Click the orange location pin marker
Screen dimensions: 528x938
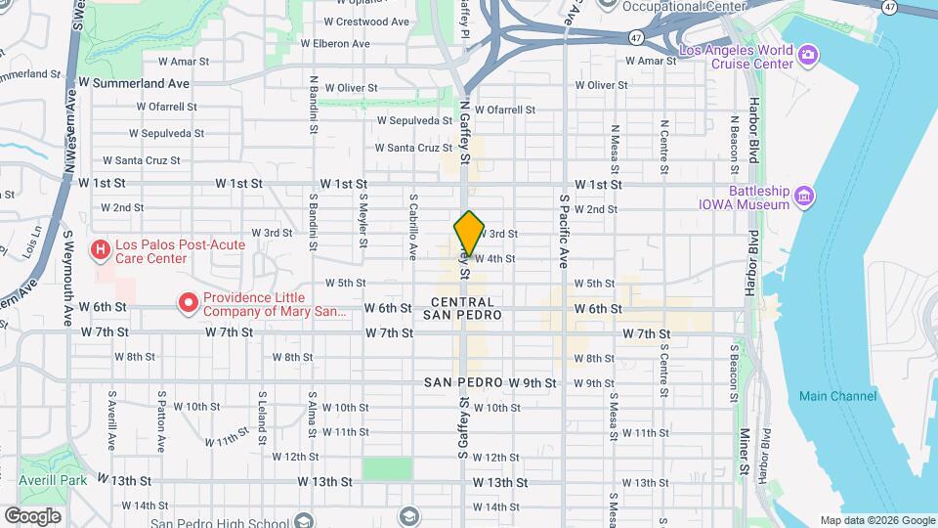pyautogui.click(x=470, y=233)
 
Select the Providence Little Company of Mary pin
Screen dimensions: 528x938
pyautogui.click(x=187, y=303)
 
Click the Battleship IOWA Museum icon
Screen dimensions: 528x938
pyautogui.click(x=804, y=198)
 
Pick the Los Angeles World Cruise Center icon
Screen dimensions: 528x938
pyautogui.click(x=808, y=55)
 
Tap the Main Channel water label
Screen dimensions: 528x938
pyautogui.click(x=837, y=396)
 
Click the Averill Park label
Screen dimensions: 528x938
pyautogui.click(x=53, y=480)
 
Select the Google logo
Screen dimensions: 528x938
pyautogui.click(x=33, y=515)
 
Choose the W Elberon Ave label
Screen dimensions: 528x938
pyautogui.click(x=335, y=43)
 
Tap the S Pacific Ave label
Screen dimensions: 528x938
pyautogui.click(x=564, y=231)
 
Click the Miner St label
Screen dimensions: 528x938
pyautogui.click(x=744, y=451)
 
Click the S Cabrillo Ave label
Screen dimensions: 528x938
pyautogui.click(x=413, y=225)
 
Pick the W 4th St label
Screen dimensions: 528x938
pyautogui.click(x=495, y=259)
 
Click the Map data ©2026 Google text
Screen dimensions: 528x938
pyautogui.click(x=877, y=520)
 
